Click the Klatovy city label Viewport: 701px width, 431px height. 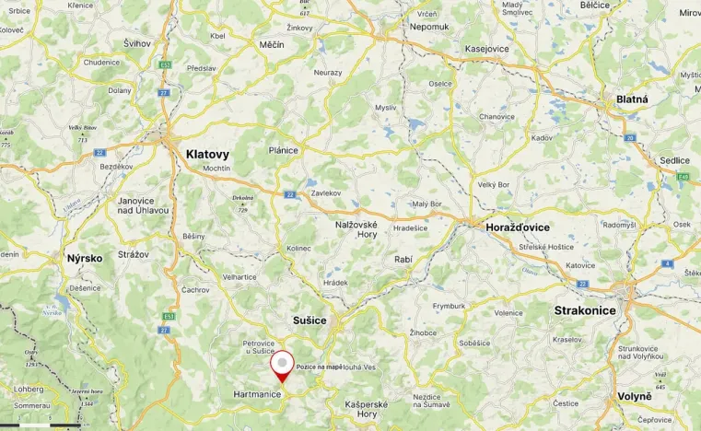pyautogui.click(x=207, y=155)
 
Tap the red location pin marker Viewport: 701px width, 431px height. pyautogui.click(x=283, y=365)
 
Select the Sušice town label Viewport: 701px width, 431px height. pyautogui.click(x=310, y=320)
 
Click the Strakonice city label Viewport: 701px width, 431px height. pyautogui.click(x=585, y=311)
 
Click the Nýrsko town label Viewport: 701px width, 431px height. pyautogui.click(x=85, y=258)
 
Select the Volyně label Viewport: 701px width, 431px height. pyautogui.click(x=634, y=396)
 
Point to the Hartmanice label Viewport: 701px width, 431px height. pyautogui.click(x=257, y=393)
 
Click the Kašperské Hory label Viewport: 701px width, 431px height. pyautogui.click(x=366, y=409)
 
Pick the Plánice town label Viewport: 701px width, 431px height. pyautogui.click(x=283, y=150)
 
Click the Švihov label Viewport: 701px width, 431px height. pyautogui.click(x=137, y=43)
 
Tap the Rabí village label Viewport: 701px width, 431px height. pyautogui.click(x=403, y=259)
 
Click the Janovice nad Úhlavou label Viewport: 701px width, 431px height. pyautogui.click(x=143, y=204)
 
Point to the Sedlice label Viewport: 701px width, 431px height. pyautogui.click(x=674, y=160)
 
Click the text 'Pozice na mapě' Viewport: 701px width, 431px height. pyautogui.click(x=319, y=367)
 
